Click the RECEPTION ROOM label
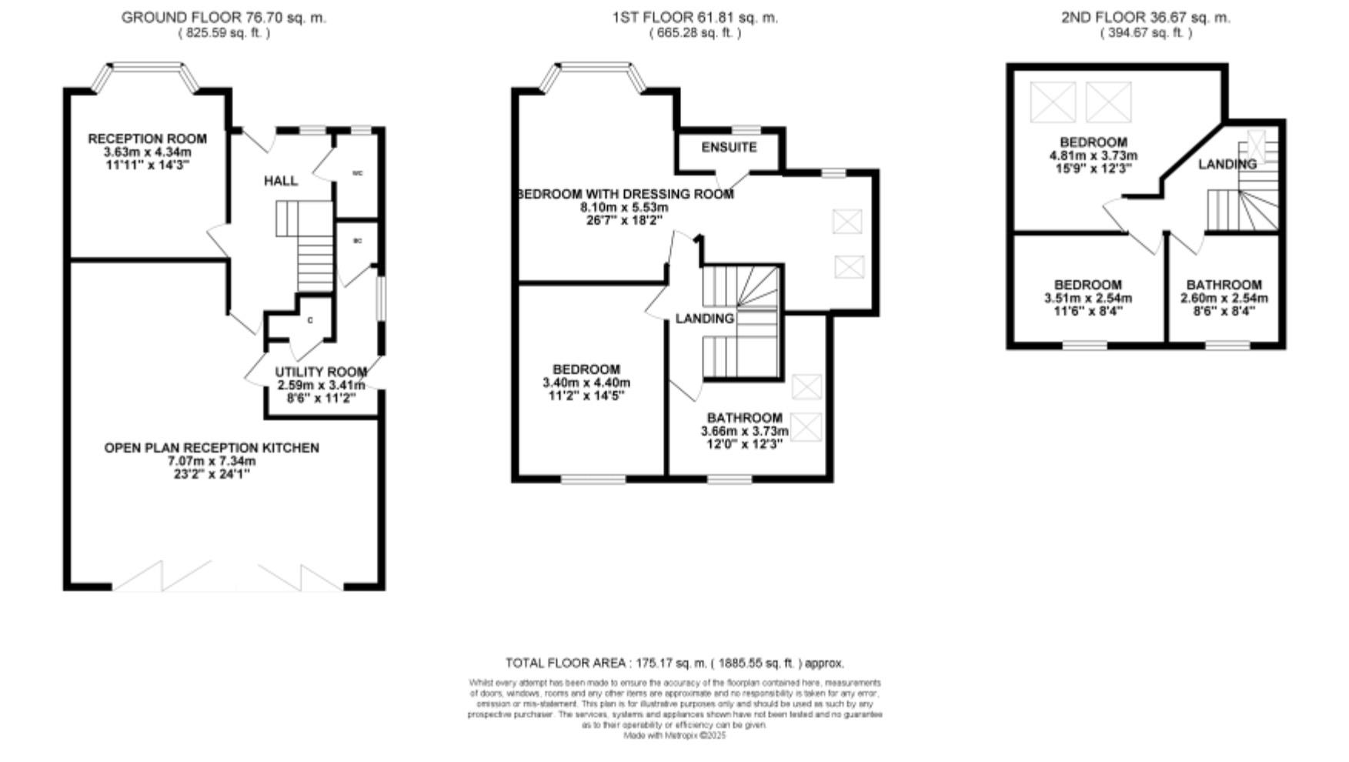coord(147,139)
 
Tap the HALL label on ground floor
coord(280,181)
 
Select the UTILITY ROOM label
coord(321,373)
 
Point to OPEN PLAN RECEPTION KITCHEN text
coord(212,448)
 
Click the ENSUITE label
coord(729,147)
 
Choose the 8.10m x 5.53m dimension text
coord(624,208)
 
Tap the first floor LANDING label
coord(704,319)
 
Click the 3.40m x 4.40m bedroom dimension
coord(586,383)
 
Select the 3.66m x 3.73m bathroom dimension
coord(744,431)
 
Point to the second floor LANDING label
coord(1227,164)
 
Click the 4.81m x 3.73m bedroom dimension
coord(1093,155)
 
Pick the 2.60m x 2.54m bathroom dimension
coord(1224,298)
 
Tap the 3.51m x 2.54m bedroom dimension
coord(1087,298)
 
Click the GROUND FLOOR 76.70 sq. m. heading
coord(223,18)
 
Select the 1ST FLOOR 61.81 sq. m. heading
coord(695,18)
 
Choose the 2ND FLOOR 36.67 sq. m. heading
coord(1145,18)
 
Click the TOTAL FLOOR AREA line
coord(674,663)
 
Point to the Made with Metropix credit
coord(674,736)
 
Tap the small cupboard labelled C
coord(310,320)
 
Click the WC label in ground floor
coord(357,174)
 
